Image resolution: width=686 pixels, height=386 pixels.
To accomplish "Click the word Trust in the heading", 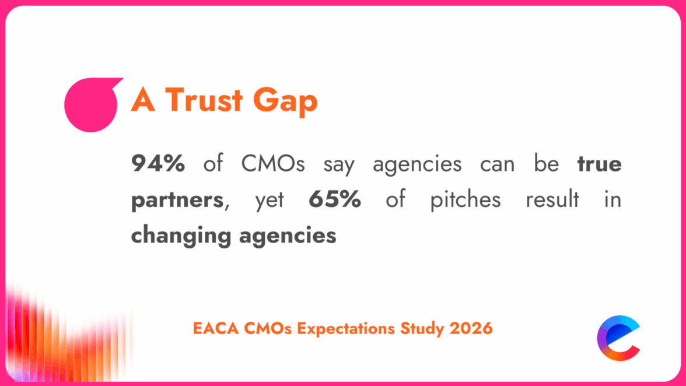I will point(202,100).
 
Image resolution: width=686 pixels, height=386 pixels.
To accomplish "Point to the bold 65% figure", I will point(335,200).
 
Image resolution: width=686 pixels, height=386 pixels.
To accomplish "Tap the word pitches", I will point(465,200).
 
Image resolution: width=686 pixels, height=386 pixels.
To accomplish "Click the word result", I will point(552,200).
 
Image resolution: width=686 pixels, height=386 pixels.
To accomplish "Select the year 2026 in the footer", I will point(471,328).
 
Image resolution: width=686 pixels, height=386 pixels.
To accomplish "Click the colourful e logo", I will point(619,338).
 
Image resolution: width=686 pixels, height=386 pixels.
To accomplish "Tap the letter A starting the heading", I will point(142,100).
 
